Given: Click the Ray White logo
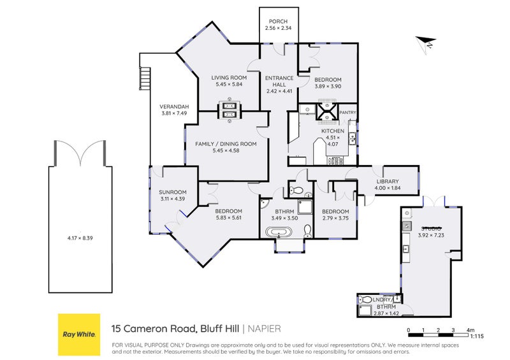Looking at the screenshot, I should [x=79, y=334].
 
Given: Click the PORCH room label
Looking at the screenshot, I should [x=278, y=22].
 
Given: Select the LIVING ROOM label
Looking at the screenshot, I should [x=229, y=78].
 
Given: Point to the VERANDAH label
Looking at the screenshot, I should [x=173, y=107].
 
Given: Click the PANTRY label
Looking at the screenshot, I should [x=347, y=113].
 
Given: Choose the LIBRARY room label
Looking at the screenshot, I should [x=387, y=182].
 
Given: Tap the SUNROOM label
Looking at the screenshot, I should [x=172, y=192].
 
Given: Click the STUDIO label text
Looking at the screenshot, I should [x=431, y=228].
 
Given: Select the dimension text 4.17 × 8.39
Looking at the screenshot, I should [x=80, y=238].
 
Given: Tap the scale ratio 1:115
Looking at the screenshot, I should [x=477, y=336].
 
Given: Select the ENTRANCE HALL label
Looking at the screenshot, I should [x=280, y=82].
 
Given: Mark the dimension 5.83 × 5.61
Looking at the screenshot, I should [x=228, y=218].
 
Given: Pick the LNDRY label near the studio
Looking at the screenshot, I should [x=381, y=299].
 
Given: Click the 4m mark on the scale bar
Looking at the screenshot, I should [x=470, y=330].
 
